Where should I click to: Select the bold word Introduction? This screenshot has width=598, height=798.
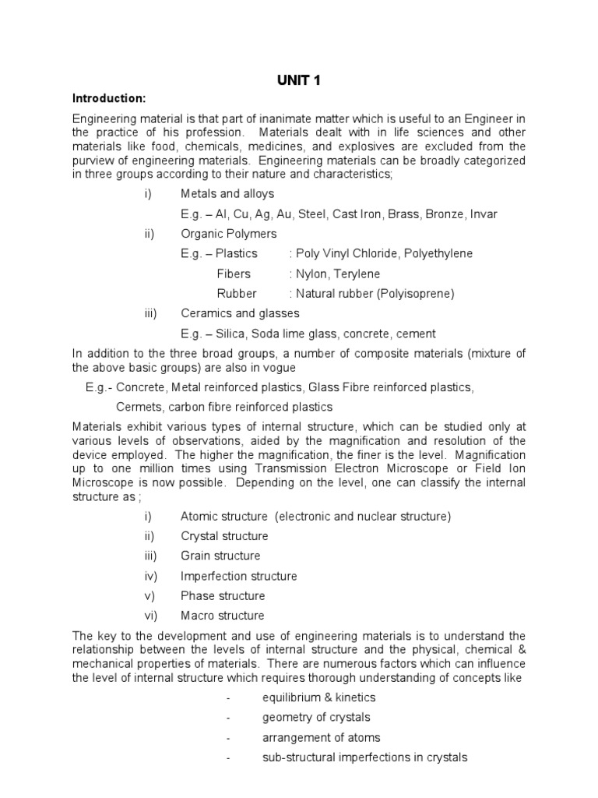point(108,98)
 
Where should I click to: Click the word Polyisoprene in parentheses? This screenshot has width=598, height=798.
point(416,294)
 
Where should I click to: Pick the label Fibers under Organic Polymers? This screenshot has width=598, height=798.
point(234,274)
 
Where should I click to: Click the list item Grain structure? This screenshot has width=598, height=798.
point(220,556)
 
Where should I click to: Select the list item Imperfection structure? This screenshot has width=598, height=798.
point(238,576)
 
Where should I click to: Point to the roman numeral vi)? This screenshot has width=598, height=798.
point(150,616)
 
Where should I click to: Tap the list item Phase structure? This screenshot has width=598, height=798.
point(223,595)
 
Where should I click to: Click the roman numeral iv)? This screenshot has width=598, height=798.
point(150,576)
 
